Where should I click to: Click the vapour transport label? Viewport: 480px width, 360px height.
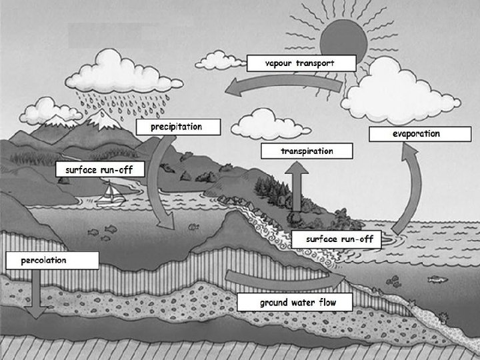click(300, 63)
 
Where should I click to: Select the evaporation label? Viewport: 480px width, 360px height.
click(415, 134)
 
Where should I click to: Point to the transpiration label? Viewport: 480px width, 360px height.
click(306, 151)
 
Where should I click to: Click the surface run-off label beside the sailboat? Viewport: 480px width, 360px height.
click(99, 170)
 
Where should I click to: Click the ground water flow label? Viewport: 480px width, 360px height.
click(297, 303)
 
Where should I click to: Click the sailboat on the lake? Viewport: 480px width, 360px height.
click(110, 193)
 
